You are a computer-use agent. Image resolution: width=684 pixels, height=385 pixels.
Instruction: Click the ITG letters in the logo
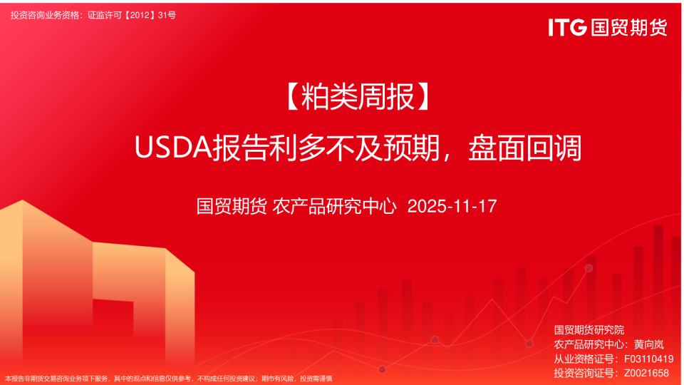(x=567, y=27)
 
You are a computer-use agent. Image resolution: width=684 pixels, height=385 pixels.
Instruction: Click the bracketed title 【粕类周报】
(x=358, y=97)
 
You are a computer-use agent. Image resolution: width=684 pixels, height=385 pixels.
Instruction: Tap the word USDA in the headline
(x=173, y=148)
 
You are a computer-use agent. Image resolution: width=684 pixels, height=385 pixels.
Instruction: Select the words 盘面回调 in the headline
(x=525, y=148)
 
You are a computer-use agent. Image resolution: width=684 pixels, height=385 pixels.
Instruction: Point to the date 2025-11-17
(x=452, y=206)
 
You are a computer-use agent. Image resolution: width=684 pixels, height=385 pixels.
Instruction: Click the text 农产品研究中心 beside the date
(x=335, y=206)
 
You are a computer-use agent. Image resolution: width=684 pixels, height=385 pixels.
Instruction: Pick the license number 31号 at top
(x=167, y=15)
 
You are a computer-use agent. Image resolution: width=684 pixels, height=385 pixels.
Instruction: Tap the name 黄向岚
(x=648, y=344)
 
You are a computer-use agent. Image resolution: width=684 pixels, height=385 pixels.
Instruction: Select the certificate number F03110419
(x=649, y=359)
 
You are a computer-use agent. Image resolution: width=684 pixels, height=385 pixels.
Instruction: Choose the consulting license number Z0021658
(x=646, y=373)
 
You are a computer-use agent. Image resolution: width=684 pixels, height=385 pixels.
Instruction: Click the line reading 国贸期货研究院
(x=589, y=330)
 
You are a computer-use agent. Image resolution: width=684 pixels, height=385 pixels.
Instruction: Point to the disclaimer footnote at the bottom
(x=168, y=379)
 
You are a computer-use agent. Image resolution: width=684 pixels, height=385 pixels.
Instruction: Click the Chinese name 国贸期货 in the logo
(x=629, y=27)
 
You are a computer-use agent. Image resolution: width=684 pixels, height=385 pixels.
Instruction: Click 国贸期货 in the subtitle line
(x=232, y=206)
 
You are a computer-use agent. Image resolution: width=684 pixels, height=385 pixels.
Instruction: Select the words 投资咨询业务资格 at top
(x=46, y=15)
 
